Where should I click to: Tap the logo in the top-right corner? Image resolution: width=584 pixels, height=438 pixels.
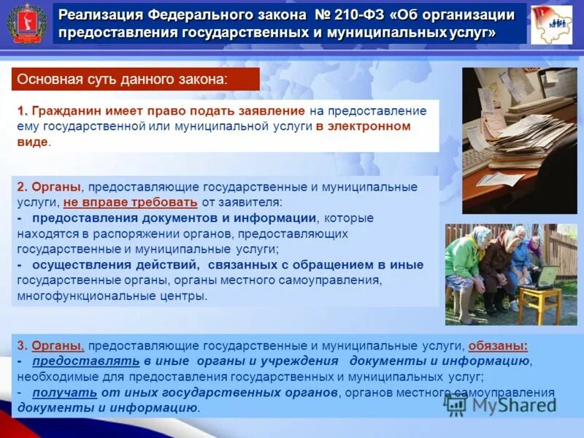point(551,24)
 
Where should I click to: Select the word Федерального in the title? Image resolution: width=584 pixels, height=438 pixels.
point(199,15)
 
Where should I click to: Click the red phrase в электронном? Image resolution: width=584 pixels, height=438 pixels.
point(364,126)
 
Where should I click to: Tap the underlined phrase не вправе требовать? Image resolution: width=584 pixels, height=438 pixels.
point(131,202)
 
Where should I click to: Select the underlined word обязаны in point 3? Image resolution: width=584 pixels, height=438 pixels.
point(498,345)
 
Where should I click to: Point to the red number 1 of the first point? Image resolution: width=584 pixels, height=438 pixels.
point(23,111)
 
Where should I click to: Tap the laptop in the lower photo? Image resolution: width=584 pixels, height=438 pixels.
point(545,277)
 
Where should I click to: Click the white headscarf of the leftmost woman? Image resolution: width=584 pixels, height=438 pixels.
point(481,236)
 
